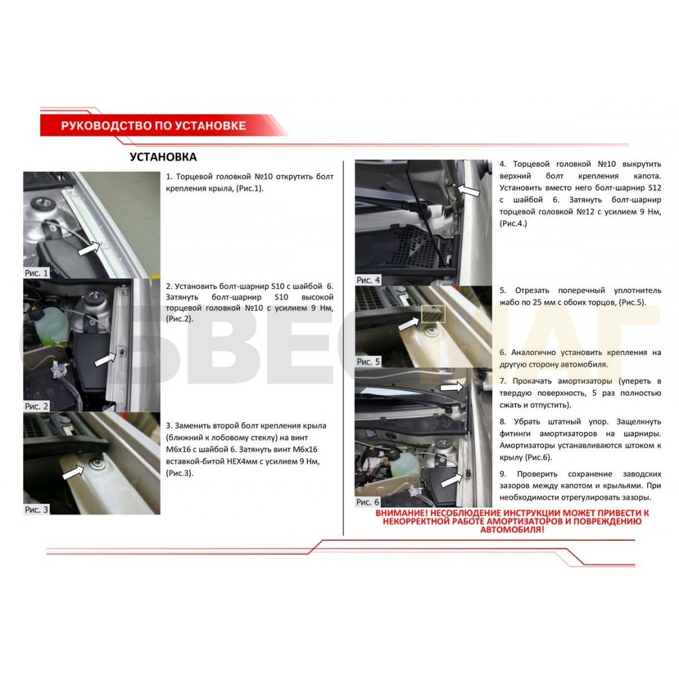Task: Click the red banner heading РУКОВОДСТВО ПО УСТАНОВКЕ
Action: point(153,125)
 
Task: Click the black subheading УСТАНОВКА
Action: point(163,156)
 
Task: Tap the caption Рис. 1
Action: point(36,273)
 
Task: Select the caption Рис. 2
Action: point(36,405)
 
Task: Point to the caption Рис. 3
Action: point(36,510)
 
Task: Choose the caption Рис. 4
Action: point(368,280)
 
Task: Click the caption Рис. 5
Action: point(368,361)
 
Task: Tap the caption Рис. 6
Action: point(368,502)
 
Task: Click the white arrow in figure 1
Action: point(89,248)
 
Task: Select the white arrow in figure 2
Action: point(105,359)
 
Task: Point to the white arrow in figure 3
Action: point(74,472)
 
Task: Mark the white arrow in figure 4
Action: point(469,189)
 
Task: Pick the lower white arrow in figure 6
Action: point(451,480)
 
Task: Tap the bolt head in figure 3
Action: point(95,465)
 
